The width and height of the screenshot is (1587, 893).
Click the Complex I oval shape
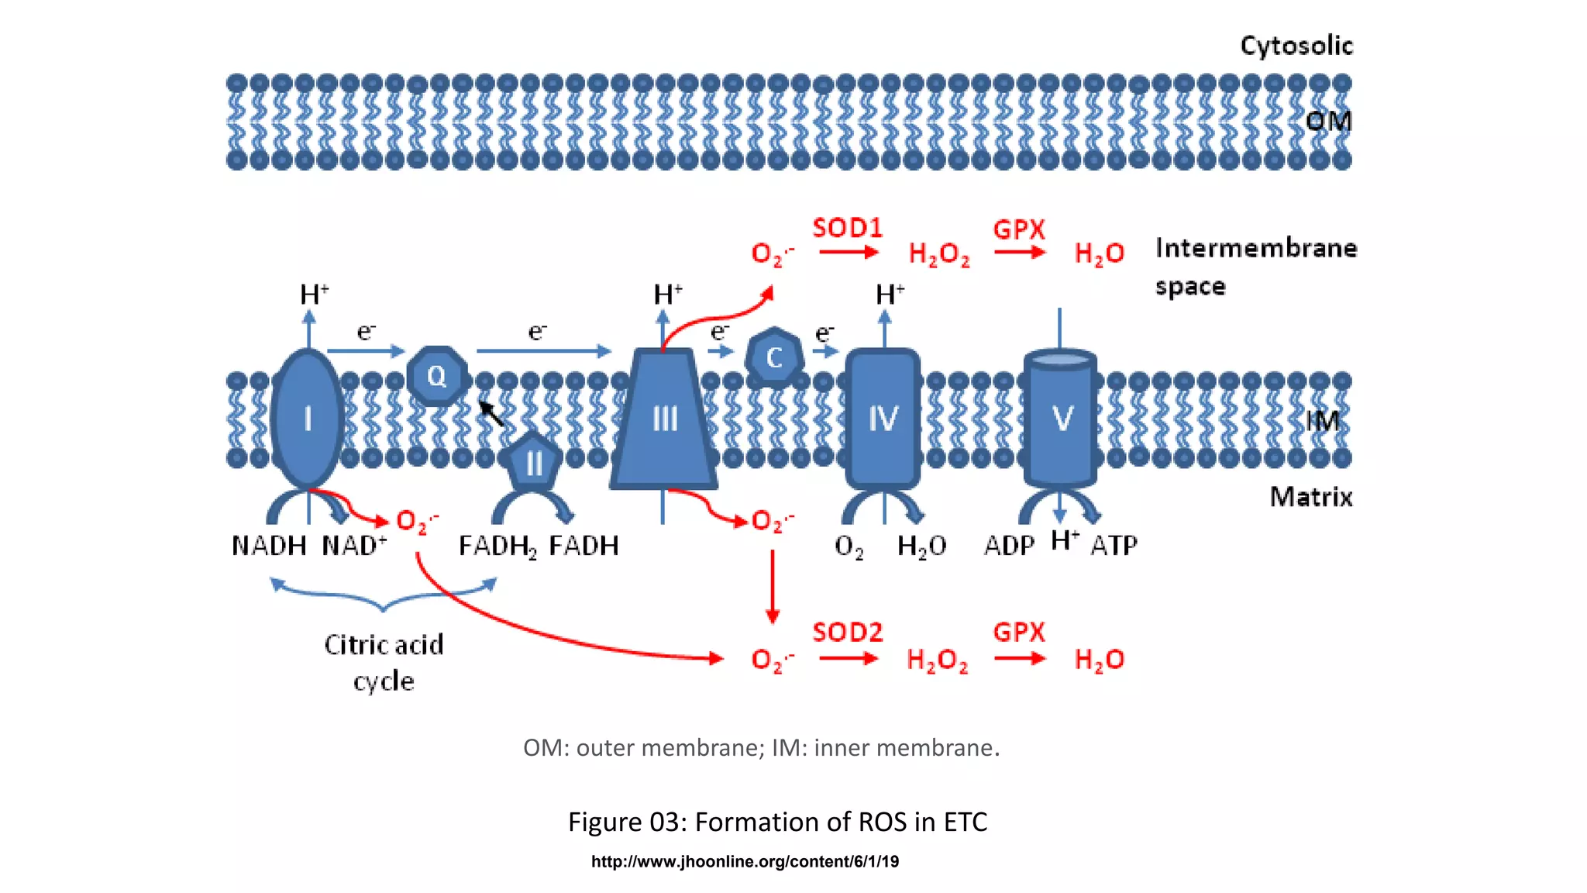click(x=308, y=419)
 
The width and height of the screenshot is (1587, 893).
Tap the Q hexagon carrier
click(x=436, y=376)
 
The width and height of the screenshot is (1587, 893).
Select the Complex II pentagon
click(x=533, y=463)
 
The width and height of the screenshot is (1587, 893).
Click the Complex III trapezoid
click(x=664, y=419)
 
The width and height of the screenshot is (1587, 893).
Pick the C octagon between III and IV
click(x=773, y=357)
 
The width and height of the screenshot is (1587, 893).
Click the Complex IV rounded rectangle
click(x=883, y=419)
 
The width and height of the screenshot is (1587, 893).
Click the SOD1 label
click(x=847, y=228)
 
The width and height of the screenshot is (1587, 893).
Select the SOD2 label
click(x=847, y=632)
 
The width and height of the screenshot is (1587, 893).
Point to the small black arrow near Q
click(x=491, y=412)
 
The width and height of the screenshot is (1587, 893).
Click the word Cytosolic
click(x=1296, y=46)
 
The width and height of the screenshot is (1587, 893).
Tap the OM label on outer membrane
click(x=1327, y=121)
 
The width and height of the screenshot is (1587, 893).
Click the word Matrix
click(x=1310, y=497)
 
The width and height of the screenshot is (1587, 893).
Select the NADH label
click(x=269, y=546)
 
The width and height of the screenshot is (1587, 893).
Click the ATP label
click(x=1114, y=546)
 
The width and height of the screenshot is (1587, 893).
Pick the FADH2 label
click(x=497, y=546)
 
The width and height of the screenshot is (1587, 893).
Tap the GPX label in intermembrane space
click(x=1019, y=229)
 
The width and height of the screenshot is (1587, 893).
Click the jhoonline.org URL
click(x=745, y=861)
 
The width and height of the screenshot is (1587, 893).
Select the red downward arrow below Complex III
click(x=772, y=587)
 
